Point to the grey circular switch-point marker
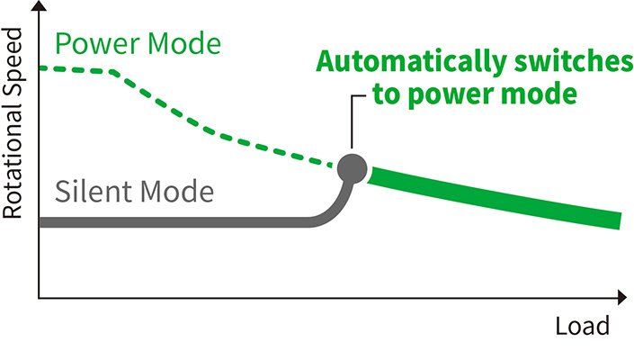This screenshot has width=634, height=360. click(x=353, y=167)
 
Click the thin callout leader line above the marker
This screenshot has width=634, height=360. click(x=353, y=117)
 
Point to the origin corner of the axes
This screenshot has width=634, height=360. click(x=39, y=295)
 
